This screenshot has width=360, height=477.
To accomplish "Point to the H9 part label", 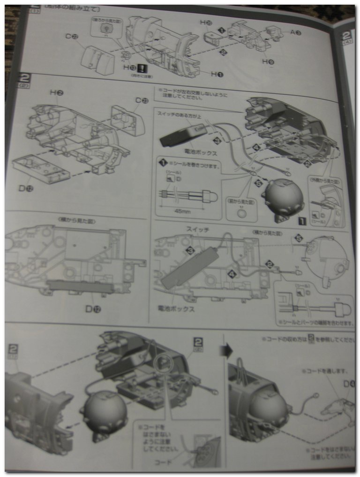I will click(269, 61).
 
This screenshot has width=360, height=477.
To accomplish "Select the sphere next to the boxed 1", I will click(283, 197).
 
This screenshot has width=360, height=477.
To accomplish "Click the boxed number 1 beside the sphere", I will click(302, 220).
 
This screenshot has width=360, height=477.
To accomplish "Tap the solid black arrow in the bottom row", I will click(229, 350).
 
